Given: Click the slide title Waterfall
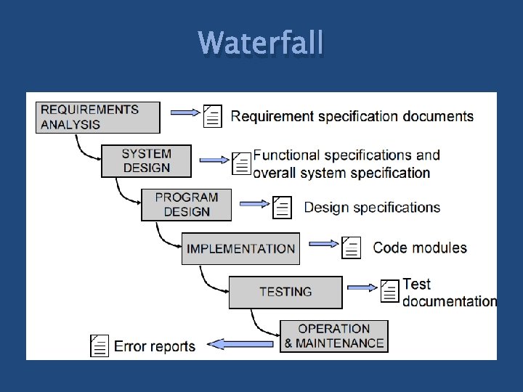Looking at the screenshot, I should [261, 43].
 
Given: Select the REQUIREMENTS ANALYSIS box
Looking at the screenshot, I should [97, 117].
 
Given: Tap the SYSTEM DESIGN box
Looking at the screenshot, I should [146, 160].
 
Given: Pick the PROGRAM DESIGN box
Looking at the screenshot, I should [186, 204].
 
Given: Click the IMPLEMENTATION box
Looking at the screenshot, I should [240, 248].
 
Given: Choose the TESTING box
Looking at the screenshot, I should [285, 292].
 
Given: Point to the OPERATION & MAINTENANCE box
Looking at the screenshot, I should [333, 336].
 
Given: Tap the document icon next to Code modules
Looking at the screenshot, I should [351, 248].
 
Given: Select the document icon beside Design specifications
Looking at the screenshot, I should [281, 208].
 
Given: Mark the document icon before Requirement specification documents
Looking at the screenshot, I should [212, 115].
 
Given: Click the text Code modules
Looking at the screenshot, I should [420, 248].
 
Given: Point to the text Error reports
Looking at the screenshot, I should [155, 346].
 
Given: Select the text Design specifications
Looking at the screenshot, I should [372, 208].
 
